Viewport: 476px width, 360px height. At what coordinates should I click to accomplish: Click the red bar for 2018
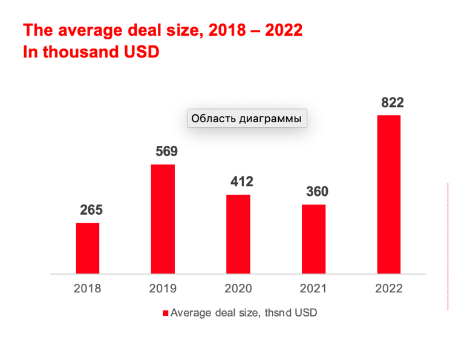87,248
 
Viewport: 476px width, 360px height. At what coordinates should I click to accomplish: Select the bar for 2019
163,219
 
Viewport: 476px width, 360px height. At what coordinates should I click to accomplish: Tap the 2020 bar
238,234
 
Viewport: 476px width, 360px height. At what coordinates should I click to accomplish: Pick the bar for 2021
314,239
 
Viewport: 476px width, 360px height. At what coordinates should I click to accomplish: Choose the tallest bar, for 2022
389,194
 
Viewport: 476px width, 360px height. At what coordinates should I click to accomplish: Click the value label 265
91,211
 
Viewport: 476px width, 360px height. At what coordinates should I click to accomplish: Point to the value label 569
166,151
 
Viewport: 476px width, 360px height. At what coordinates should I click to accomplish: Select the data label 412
242,182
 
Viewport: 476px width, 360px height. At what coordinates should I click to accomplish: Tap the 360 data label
317,192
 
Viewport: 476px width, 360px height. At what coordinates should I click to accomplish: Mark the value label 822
392,102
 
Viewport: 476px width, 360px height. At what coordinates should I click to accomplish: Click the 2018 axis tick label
87,289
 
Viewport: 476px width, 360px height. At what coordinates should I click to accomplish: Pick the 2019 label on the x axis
163,289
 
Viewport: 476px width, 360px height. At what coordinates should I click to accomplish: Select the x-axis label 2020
238,289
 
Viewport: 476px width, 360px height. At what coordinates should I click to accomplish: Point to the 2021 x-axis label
314,289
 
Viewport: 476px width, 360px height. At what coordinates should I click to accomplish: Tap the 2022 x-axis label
389,289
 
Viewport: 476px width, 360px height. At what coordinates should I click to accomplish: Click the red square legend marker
165,313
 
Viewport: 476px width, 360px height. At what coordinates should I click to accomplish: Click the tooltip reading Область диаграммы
246,119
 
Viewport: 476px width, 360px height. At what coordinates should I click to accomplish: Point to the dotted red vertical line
448,246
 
